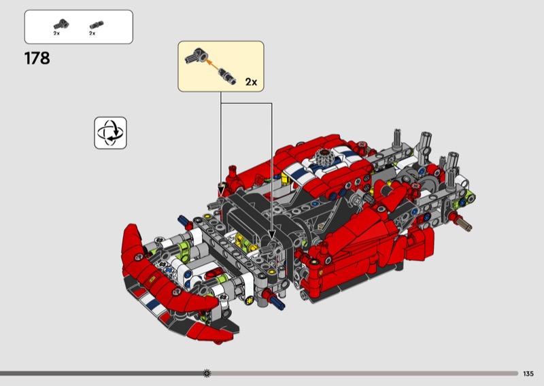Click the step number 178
[37, 58]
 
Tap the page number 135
[528, 374]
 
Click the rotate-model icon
[110, 133]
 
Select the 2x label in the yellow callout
[251, 82]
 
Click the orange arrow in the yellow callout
[212, 65]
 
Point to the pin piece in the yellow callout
[227, 76]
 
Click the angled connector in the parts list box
[61, 24]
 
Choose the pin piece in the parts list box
[97, 24]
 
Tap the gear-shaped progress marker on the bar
[207, 373]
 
